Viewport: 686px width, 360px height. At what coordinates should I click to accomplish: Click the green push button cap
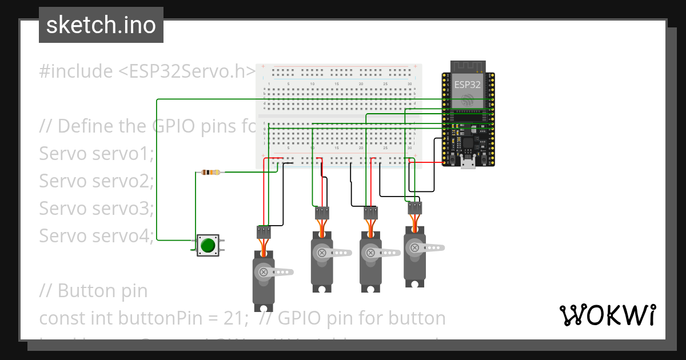pos(208,245)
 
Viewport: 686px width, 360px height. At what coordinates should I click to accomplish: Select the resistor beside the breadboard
pos(212,172)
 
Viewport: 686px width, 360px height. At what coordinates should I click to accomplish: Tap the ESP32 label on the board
pos(467,85)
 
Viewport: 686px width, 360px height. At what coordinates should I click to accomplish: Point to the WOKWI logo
pos(607,315)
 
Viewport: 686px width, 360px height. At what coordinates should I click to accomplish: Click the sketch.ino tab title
pos(101,25)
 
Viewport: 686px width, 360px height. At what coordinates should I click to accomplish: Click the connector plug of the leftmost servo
pos(264,231)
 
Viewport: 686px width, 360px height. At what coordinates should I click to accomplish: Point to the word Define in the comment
pos(86,126)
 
